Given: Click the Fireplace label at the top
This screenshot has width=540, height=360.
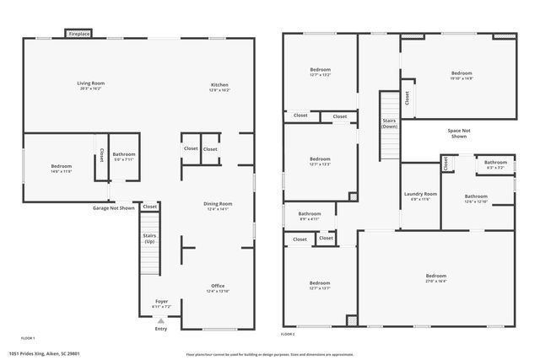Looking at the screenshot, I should [78, 34].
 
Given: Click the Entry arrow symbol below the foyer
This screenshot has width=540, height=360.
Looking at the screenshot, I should [160, 320].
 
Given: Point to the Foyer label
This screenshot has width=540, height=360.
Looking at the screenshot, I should [160, 302].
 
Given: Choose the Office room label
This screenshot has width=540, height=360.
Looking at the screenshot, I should [218, 287].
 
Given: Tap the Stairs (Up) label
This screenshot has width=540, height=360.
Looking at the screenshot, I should [149, 239].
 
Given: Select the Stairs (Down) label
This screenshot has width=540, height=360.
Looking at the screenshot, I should [389, 123].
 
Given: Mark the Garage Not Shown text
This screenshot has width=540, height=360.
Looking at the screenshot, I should [113, 207].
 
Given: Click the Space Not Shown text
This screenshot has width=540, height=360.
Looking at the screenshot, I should [458, 133].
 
